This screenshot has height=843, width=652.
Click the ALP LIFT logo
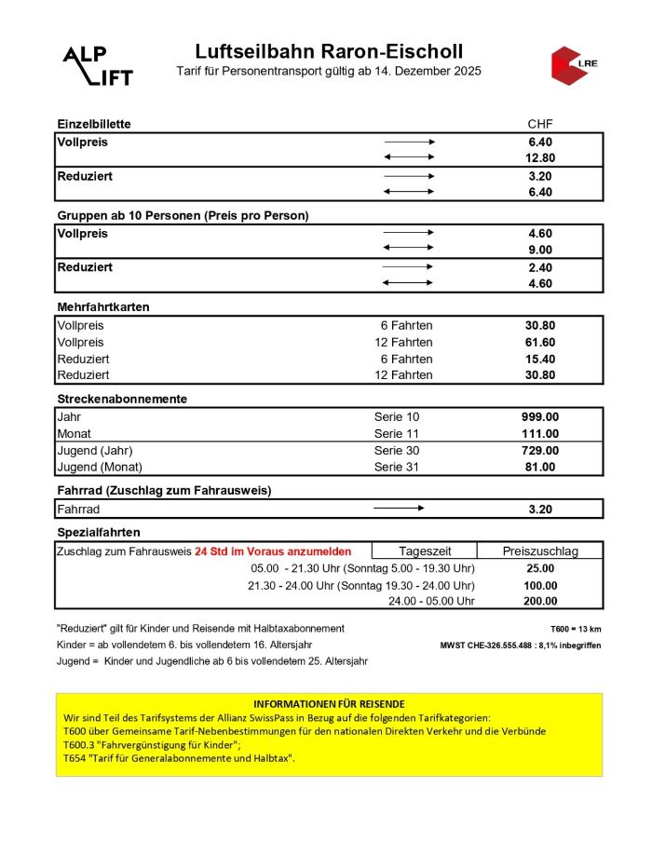(97, 65)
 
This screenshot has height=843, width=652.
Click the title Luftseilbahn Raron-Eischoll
(329, 52)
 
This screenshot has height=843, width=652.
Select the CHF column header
(540, 124)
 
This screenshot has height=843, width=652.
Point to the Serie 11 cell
(397, 433)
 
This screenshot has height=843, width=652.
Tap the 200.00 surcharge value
(540, 601)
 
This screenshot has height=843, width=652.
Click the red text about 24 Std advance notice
(273, 551)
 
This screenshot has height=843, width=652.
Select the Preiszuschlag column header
(540, 551)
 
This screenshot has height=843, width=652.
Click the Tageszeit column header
(425, 551)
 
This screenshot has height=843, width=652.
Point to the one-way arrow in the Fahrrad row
(399, 509)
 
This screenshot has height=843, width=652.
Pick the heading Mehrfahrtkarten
(103, 306)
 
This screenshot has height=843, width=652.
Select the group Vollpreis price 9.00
(540, 250)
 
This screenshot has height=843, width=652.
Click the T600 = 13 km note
(576, 629)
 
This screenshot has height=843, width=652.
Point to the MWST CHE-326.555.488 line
(521, 646)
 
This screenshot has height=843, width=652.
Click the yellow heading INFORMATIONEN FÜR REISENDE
(329, 703)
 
